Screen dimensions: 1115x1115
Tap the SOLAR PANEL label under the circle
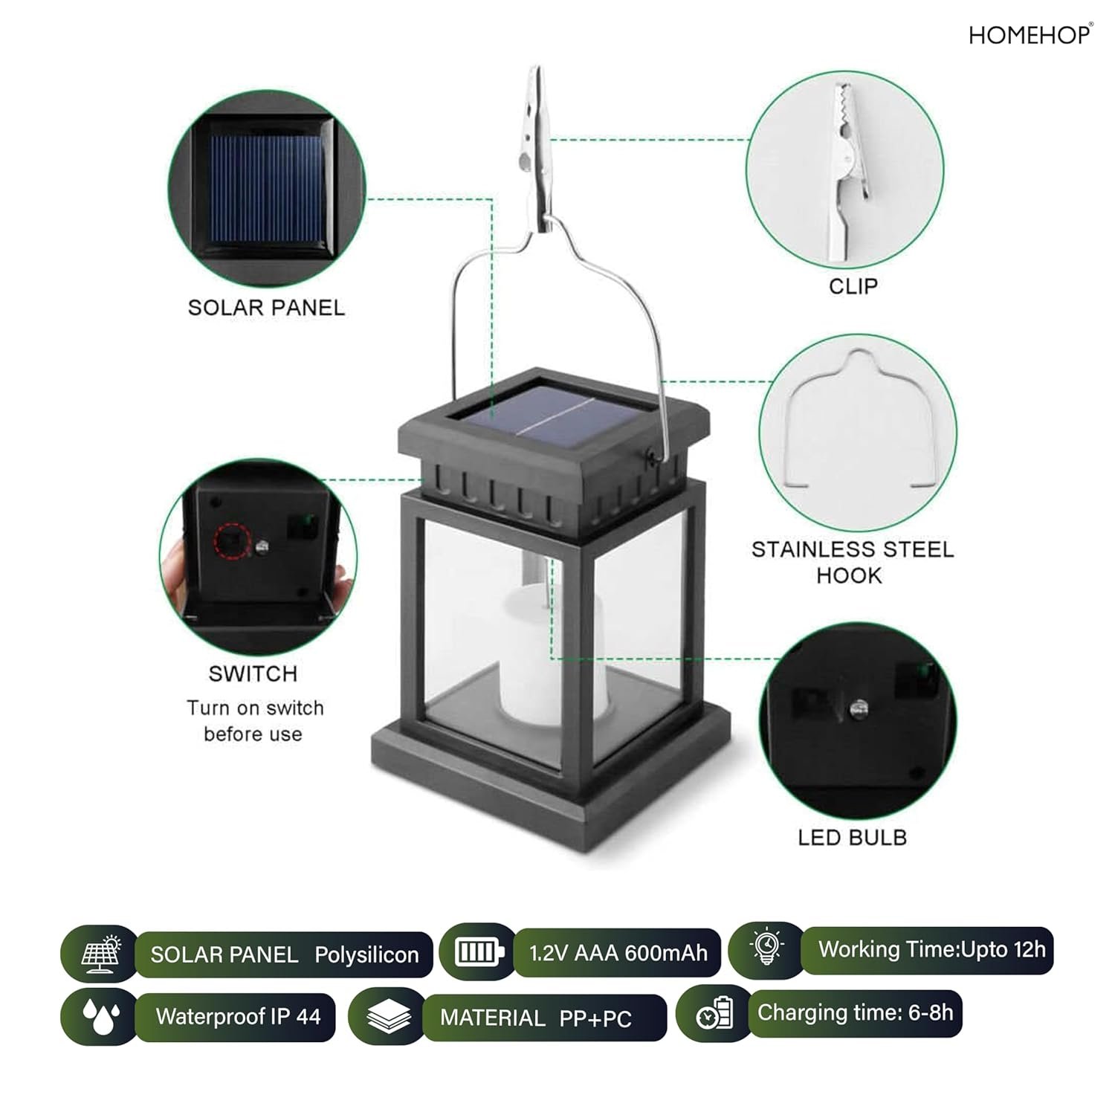[x=266, y=308]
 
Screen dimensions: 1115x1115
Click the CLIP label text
[x=853, y=286]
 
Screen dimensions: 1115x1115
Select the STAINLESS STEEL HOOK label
[x=852, y=562]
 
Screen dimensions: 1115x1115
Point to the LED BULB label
[x=852, y=838]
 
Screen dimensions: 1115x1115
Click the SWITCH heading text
[x=253, y=673]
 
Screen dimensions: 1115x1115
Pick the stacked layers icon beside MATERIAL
[x=389, y=1016]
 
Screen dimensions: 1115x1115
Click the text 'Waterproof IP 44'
[x=238, y=1016]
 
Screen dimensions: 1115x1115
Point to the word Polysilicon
[x=366, y=955]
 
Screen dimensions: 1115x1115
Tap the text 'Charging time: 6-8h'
[x=855, y=1013]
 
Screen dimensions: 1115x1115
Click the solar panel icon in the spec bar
[x=101, y=953]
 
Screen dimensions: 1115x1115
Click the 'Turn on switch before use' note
[x=254, y=721]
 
